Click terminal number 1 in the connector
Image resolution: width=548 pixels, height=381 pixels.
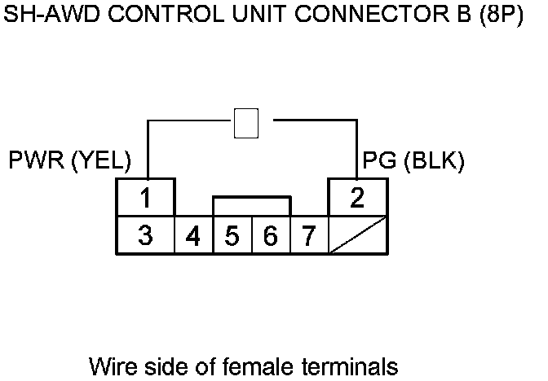click(145, 198)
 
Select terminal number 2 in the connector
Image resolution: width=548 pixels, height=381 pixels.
click(357, 198)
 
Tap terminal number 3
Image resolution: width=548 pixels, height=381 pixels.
click(145, 236)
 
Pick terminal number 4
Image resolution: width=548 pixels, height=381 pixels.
click(193, 237)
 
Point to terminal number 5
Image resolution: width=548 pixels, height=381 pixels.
click(232, 237)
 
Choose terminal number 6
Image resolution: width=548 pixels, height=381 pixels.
click(271, 237)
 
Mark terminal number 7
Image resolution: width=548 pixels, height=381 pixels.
click(308, 237)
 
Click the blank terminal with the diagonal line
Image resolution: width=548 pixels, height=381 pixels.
click(358, 236)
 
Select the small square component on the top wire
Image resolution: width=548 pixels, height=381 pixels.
click(245, 123)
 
